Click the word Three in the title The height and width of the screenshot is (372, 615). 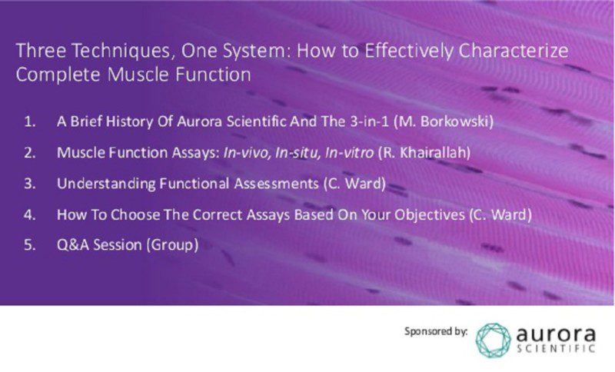click(x=38, y=52)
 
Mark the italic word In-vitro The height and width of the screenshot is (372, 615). click(x=349, y=152)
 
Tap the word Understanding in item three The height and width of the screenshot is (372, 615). click(x=98, y=184)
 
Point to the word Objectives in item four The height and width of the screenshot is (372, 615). click(x=424, y=214)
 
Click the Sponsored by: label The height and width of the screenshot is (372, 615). click(x=436, y=331)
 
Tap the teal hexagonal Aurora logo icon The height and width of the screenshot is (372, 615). click(x=493, y=339)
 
